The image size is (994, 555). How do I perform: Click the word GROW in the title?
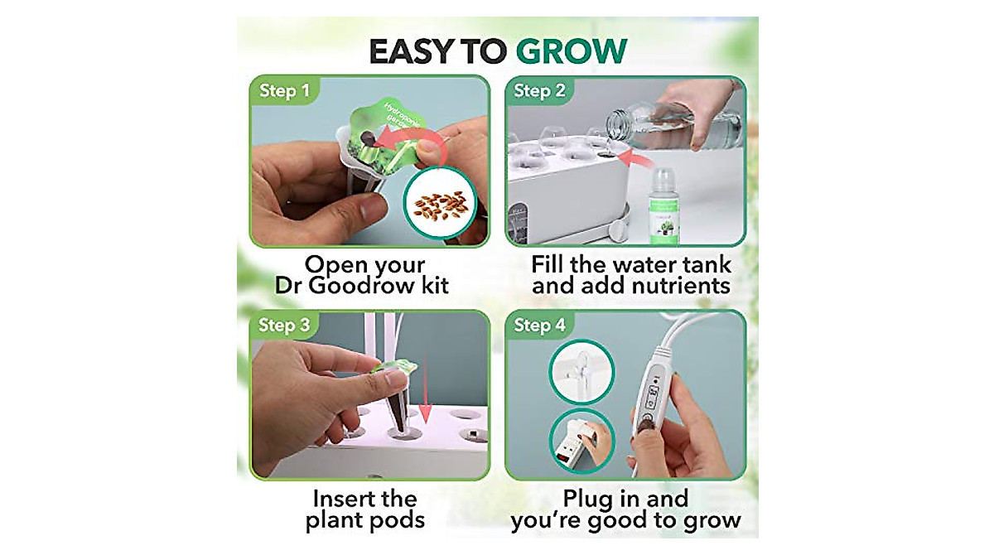[571, 51]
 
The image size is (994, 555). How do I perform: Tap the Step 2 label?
[539, 90]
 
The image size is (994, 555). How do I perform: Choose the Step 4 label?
[539, 325]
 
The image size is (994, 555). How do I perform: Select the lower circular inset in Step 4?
[581, 440]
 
